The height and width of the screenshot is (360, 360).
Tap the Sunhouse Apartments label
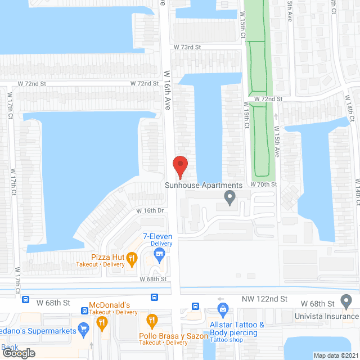tap(204, 185)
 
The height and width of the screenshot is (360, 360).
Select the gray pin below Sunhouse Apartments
tap(229, 197)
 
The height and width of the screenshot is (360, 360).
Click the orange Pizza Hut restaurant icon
tap(132, 258)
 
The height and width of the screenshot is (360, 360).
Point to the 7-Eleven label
tap(157, 236)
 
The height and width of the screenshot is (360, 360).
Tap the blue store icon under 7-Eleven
tap(160, 256)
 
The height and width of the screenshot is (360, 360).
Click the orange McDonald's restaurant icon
tap(102, 322)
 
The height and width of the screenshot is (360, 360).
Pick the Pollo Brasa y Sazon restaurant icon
tap(151, 321)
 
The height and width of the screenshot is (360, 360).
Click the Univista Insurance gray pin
tap(345, 303)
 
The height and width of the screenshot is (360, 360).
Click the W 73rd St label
tap(187, 47)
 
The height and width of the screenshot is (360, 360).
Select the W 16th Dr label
tap(150, 211)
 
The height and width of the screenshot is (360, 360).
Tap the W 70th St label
tap(264, 184)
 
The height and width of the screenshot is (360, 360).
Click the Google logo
tap(19, 353)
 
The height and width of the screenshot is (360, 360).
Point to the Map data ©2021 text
tap(336, 355)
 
